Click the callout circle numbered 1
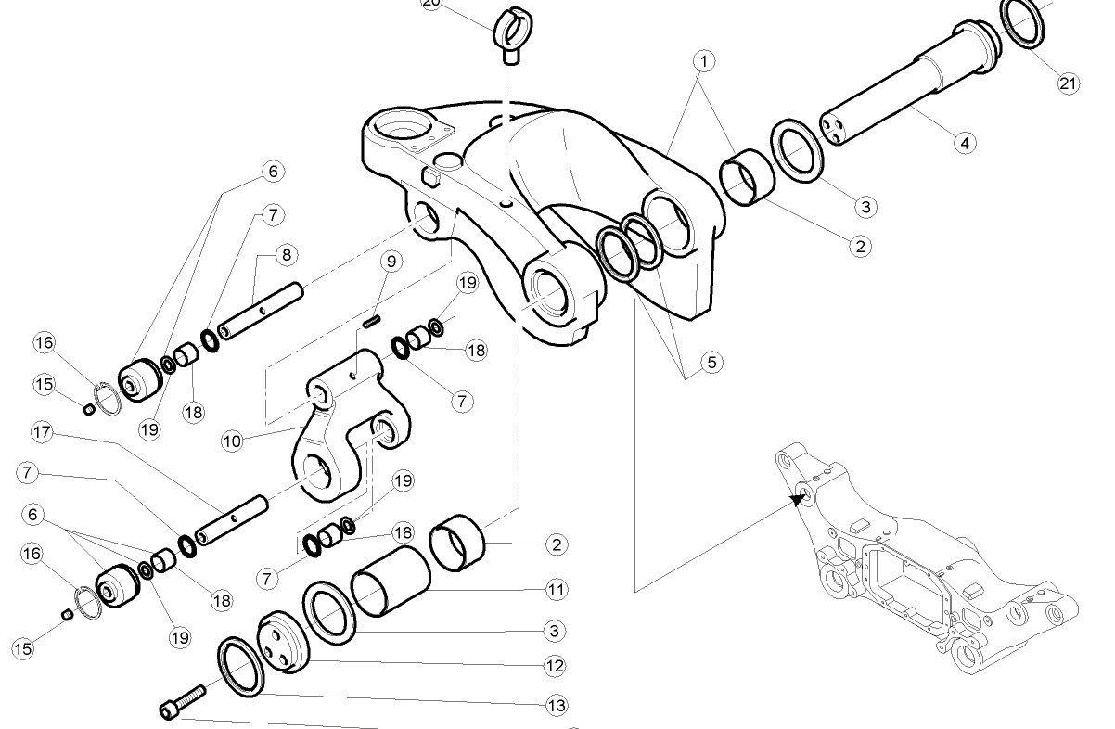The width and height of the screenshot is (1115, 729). (704, 61)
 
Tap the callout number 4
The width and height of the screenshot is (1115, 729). (965, 144)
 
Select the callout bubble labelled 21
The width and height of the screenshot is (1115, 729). (1068, 83)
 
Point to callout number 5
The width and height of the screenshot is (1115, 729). (711, 363)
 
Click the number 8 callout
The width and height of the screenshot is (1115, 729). (287, 255)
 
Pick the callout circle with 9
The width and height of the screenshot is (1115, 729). (391, 262)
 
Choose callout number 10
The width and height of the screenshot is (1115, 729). (232, 441)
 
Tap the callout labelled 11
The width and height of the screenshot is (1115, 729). (556, 590)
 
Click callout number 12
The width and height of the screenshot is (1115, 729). (555, 666)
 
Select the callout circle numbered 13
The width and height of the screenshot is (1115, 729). (557, 706)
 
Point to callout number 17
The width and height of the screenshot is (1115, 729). (42, 432)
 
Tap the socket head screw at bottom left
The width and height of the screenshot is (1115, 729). (183, 702)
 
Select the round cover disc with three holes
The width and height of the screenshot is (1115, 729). (283, 643)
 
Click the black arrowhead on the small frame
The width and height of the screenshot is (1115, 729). (798, 499)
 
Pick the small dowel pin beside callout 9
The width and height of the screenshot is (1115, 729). (372, 322)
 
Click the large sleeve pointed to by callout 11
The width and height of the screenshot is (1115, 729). (391, 582)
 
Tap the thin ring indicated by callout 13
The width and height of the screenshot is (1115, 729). (240, 667)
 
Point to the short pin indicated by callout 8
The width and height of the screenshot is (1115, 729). (261, 311)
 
